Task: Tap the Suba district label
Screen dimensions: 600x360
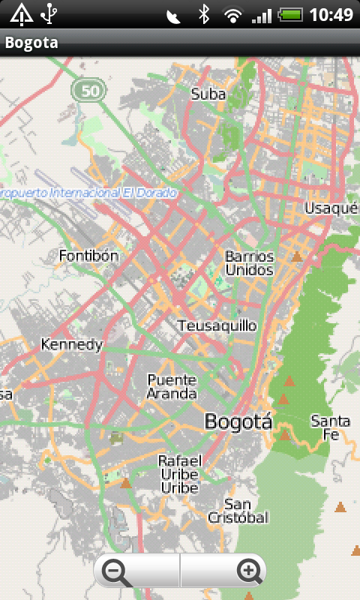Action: (208, 94)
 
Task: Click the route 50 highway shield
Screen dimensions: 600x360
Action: (88, 91)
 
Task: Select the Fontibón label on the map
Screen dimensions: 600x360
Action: (88, 256)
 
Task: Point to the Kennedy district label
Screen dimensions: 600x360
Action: (71, 345)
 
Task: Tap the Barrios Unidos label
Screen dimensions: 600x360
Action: (250, 263)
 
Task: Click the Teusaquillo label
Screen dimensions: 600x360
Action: (217, 325)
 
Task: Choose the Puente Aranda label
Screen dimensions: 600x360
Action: (172, 386)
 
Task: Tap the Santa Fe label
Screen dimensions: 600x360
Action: (330, 427)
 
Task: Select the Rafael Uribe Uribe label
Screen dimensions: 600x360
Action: (179, 473)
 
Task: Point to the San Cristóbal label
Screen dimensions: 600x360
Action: (237, 511)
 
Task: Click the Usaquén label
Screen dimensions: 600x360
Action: (331, 208)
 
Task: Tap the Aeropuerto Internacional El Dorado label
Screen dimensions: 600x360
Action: (88, 193)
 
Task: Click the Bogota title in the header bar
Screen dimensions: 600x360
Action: (31, 43)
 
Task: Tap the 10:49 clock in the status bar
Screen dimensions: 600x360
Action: (331, 13)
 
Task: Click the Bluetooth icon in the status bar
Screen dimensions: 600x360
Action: (202, 13)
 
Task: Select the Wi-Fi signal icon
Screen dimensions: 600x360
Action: (233, 13)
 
